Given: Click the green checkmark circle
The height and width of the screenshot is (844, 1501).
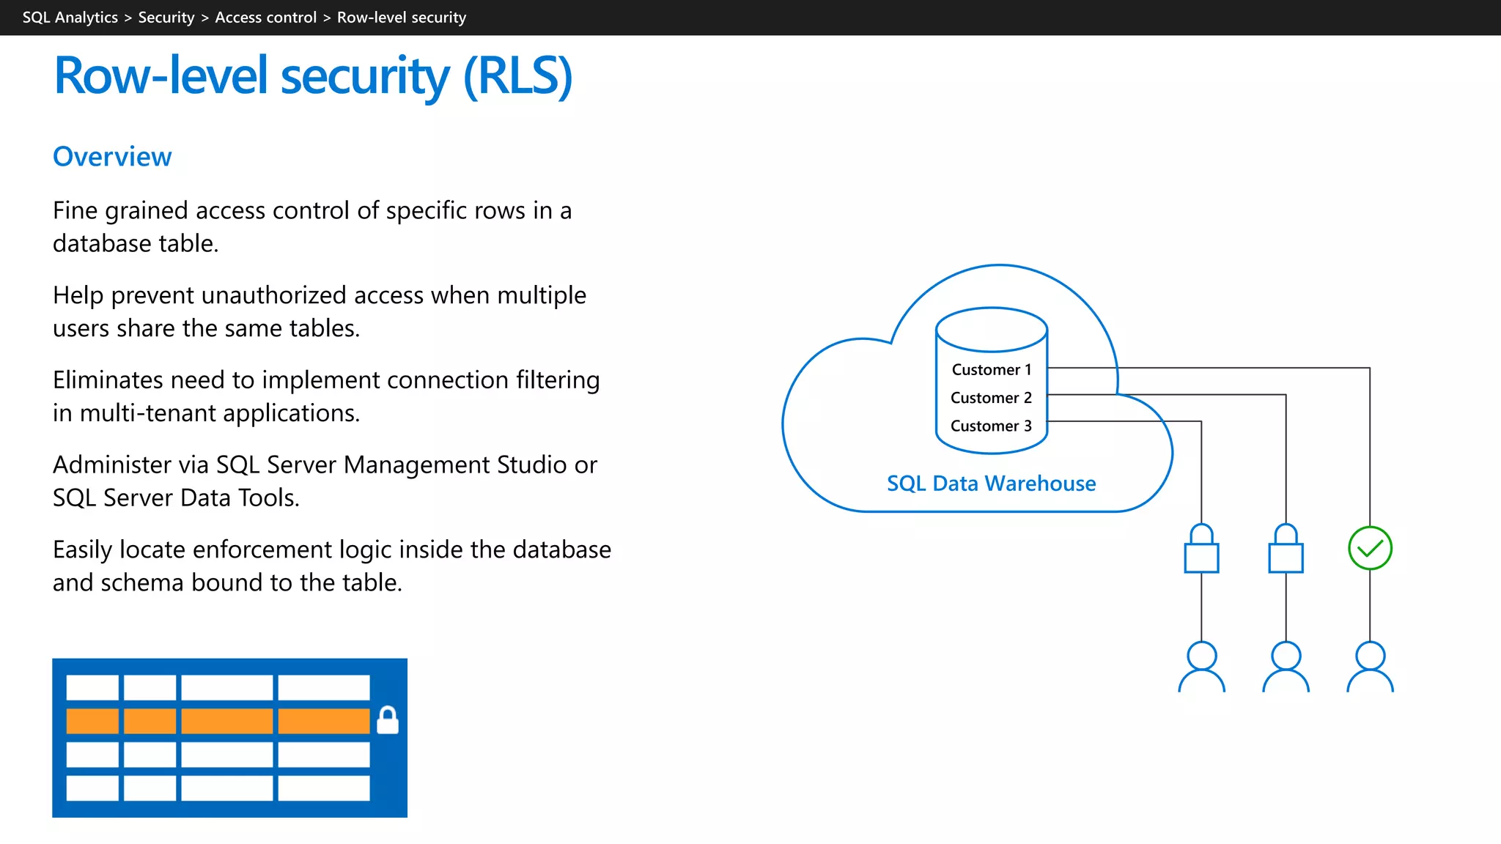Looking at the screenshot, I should coord(1370,548).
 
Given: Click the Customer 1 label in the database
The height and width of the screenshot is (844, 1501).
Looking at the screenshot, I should coord(991,370).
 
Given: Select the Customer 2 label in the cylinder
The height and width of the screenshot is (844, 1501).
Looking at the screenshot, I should coord(991,398).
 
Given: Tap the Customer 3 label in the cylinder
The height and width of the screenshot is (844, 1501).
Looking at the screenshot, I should coord(991,426).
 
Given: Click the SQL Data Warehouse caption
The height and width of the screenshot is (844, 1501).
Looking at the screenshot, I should coord(991,484).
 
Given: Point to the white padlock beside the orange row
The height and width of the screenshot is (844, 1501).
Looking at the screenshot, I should coord(388,721).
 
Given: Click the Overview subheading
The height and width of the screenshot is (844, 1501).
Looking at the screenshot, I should coord(112,157).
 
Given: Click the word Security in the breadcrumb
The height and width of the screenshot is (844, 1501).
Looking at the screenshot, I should coord(166,18).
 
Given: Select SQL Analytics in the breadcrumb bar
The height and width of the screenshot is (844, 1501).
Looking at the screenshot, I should coord(70,18).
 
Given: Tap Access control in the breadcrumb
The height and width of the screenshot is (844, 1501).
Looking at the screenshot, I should coord(265,18).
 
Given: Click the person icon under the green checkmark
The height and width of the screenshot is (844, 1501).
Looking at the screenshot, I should coord(1370,667).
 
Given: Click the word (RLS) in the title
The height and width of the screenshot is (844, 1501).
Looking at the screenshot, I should coord(517,76).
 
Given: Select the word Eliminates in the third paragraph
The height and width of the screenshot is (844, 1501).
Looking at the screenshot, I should coord(108,380).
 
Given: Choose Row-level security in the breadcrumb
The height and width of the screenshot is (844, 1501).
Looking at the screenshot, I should coord(401,18).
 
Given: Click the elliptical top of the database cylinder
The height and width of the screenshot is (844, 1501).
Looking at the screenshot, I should coord(991,330).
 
